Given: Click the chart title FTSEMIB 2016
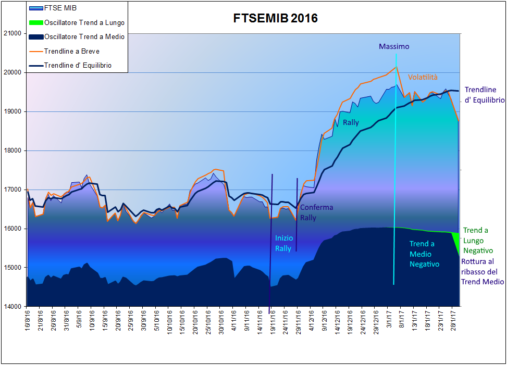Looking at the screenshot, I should [x=275, y=19].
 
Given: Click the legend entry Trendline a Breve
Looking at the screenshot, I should [x=72, y=51].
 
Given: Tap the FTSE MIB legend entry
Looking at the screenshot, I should [x=59, y=8].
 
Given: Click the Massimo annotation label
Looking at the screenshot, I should [x=394, y=46].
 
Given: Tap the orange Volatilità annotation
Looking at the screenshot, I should [x=423, y=77].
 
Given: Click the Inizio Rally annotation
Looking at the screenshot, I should [x=283, y=243].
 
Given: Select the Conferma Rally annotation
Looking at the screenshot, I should [x=316, y=212].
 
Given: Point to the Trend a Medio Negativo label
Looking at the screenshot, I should [x=424, y=254].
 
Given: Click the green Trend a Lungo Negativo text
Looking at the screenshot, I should [x=476, y=241].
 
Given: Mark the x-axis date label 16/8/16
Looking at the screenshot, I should [x=28, y=319].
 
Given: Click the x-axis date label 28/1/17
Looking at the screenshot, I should [x=453, y=319].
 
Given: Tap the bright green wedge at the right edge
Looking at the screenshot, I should [x=457, y=242].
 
